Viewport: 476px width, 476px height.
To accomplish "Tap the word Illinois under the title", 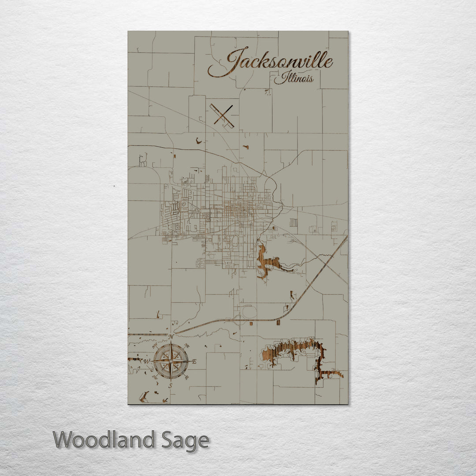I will click(x=294, y=79).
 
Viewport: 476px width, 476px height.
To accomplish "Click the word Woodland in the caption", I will click(x=104, y=440).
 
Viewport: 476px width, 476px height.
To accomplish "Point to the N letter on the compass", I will click(x=171, y=337).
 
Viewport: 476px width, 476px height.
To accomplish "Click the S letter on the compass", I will click(x=171, y=386).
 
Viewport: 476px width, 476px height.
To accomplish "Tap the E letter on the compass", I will click(x=194, y=361).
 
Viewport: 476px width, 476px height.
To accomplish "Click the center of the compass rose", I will click(x=171, y=361).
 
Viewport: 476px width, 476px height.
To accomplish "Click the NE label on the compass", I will click(x=187, y=346).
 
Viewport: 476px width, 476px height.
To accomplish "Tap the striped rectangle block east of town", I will click(x=293, y=223).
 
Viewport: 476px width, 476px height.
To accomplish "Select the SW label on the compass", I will click(x=155, y=377).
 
